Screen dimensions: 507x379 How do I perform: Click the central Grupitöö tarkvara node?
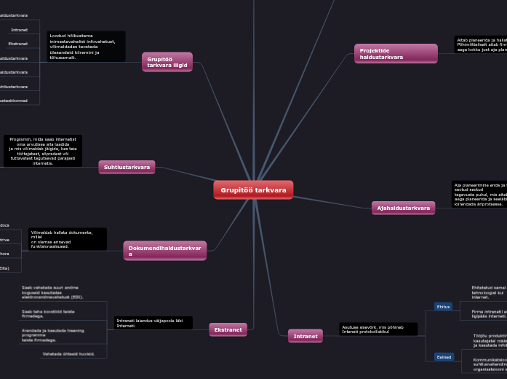point(253,190)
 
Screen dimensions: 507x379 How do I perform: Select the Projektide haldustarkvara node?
point(396,53)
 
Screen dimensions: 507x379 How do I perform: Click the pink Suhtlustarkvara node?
point(127,168)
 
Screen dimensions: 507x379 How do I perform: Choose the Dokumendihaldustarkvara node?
point(165,251)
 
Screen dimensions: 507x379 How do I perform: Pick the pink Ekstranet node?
point(228,330)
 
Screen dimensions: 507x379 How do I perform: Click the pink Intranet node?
point(306,336)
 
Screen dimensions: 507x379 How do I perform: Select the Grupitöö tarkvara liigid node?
point(167,62)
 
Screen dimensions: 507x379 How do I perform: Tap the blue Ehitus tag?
point(443,307)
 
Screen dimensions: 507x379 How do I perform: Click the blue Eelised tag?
point(444,356)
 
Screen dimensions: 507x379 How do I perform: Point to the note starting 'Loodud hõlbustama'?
point(86,46)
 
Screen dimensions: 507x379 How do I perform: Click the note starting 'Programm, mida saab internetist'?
point(43,151)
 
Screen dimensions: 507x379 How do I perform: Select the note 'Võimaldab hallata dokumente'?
point(67,238)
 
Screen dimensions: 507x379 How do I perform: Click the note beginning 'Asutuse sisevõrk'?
point(378,329)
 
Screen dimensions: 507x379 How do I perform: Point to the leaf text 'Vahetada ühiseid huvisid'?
point(72,353)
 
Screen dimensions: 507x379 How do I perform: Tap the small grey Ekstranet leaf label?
point(18,44)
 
